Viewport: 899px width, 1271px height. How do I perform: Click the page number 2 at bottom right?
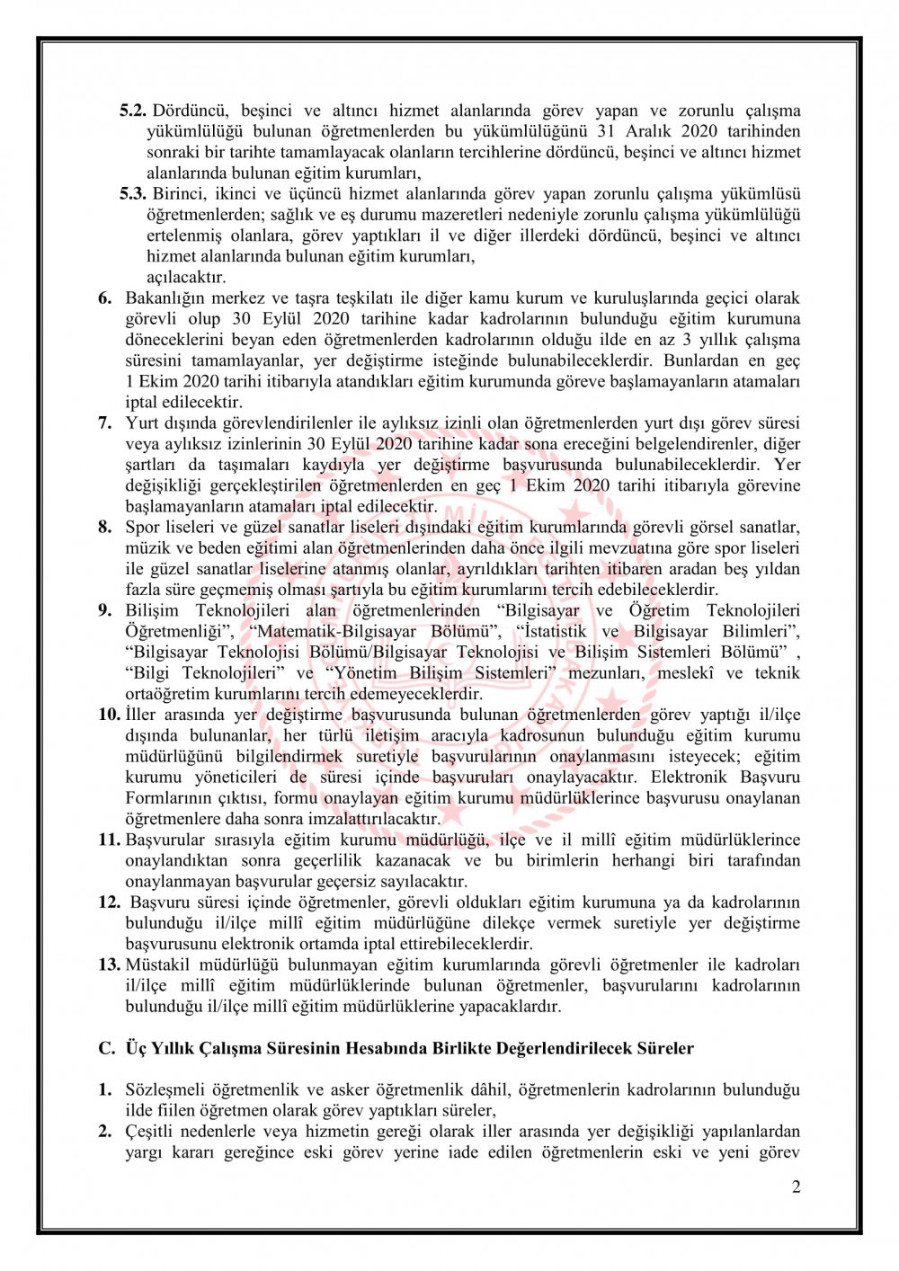tap(796, 1187)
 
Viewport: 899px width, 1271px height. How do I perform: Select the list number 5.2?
tap(133, 111)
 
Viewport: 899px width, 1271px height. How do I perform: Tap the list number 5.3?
tap(133, 194)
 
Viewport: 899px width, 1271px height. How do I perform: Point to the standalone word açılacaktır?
tap(186, 277)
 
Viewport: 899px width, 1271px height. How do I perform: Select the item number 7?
tap(105, 422)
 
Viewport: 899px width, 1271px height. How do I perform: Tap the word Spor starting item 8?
tap(142, 527)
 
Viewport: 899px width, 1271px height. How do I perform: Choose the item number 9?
tap(105, 610)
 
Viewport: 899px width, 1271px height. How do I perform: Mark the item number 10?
tap(109, 715)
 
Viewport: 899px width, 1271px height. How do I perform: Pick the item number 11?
tap(109, 840)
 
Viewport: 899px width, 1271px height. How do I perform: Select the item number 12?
tap(109, 902)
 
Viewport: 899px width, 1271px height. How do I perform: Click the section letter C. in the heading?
tap(107, 1048)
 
